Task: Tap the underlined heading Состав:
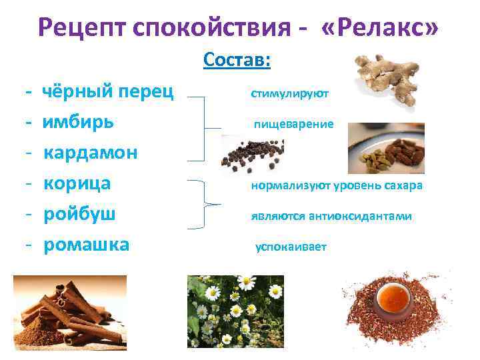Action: coord(237,61)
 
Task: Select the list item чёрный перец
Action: coord(108,91)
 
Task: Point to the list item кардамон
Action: coord(91,153)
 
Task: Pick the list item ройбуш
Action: coord(80,214)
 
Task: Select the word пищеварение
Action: coord(293,125)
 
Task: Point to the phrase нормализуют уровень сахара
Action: coord(337,186)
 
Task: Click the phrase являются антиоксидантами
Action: coord(331,217)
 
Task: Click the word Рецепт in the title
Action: coord(83,27)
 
